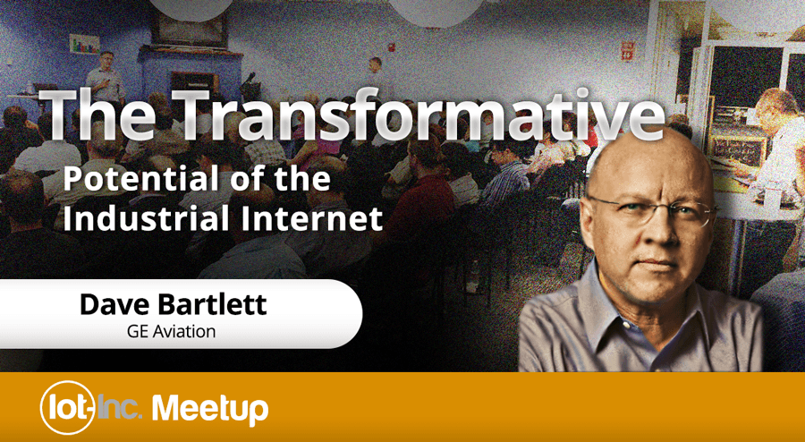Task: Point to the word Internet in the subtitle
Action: coord(314,217)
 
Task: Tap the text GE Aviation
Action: coord(172,331)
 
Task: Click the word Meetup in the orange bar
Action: coord(210,409)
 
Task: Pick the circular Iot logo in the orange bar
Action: coord(67,407)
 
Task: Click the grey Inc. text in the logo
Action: coord(119,409)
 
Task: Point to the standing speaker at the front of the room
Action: coord(106,77)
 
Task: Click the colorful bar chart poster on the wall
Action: coord(84,44)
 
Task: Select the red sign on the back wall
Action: coord(628,51)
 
